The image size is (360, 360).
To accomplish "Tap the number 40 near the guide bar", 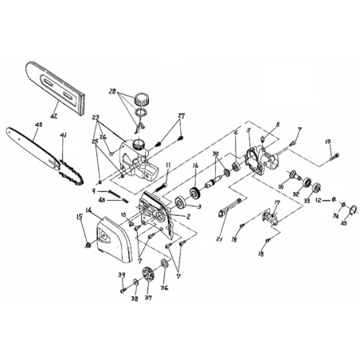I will pos(38,123).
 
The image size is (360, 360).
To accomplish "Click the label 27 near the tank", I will pos(182,116).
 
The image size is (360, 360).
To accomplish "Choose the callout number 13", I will pos(327,142).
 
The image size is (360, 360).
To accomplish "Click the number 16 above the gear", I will pos(196,167).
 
